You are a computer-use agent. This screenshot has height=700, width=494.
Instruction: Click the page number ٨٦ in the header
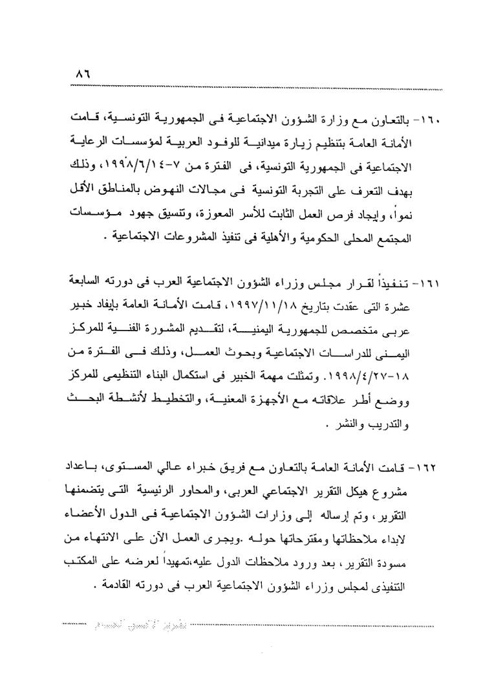[83, 75]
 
